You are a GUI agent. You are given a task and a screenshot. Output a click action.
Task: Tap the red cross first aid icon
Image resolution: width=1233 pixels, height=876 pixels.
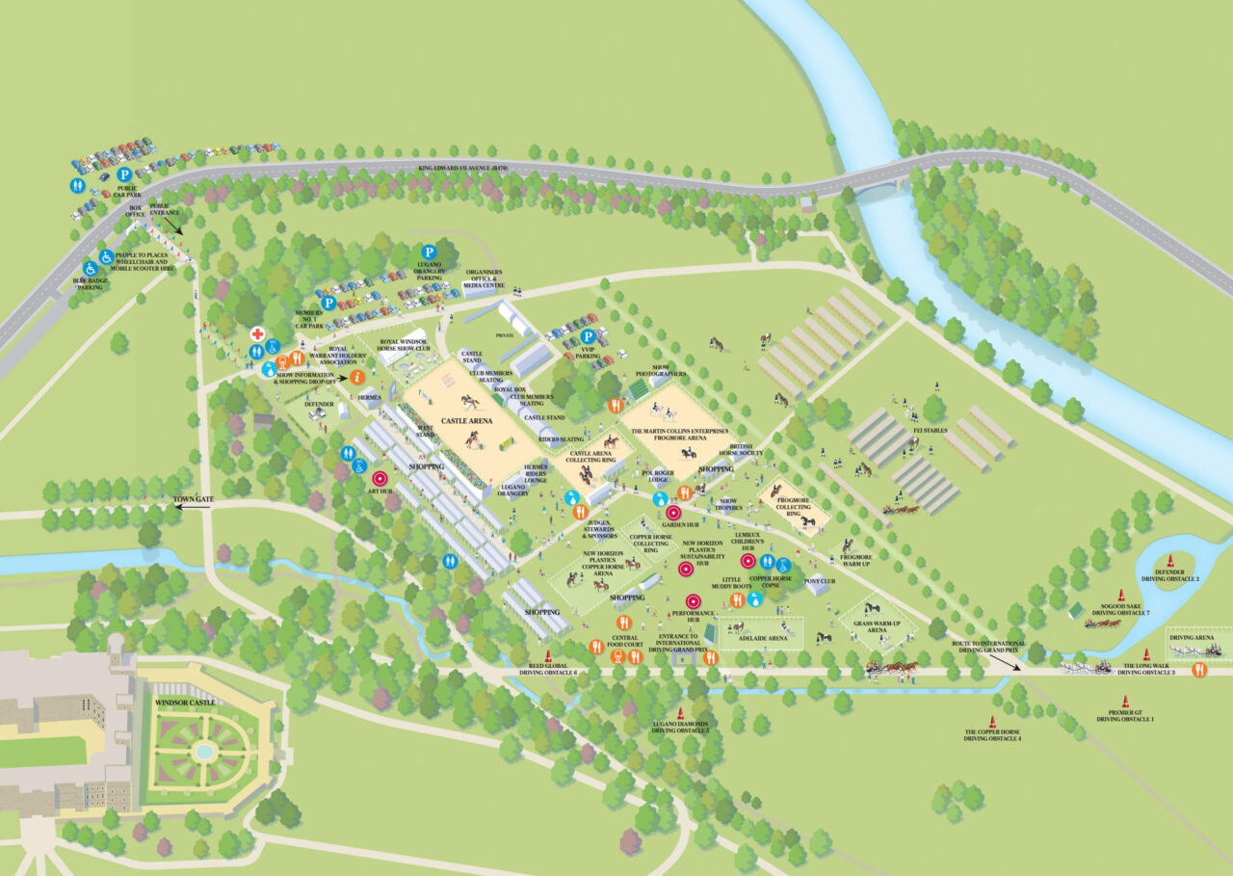257,333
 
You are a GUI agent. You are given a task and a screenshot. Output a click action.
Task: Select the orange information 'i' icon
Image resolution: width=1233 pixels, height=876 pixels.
356,377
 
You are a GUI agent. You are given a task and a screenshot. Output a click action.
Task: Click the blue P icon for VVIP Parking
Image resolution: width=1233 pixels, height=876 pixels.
587,336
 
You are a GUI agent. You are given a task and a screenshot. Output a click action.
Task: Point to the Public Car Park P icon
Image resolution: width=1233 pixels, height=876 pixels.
124,174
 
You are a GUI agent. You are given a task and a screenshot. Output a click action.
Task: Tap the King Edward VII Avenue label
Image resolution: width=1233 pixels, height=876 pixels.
462,168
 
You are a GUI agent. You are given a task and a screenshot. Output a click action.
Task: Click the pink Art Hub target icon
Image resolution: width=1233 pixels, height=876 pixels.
379,477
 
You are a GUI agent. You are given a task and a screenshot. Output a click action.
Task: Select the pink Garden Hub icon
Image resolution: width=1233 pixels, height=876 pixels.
674,513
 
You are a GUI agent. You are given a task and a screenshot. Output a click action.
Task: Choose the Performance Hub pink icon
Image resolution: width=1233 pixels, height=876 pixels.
692,600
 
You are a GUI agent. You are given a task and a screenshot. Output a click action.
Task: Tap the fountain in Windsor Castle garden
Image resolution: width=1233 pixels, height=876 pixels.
203,750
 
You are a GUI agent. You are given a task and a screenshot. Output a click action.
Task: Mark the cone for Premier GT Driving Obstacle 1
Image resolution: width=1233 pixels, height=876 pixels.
1124,702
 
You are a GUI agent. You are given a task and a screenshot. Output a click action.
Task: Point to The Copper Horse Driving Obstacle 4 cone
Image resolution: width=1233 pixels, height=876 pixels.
992,721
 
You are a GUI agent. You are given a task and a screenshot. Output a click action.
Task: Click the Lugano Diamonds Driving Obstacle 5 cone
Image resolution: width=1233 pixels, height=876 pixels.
680,714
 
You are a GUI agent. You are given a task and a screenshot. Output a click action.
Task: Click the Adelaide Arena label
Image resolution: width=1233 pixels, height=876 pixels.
762,638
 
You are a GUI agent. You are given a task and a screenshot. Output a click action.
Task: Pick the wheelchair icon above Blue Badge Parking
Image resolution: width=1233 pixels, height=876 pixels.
90,268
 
